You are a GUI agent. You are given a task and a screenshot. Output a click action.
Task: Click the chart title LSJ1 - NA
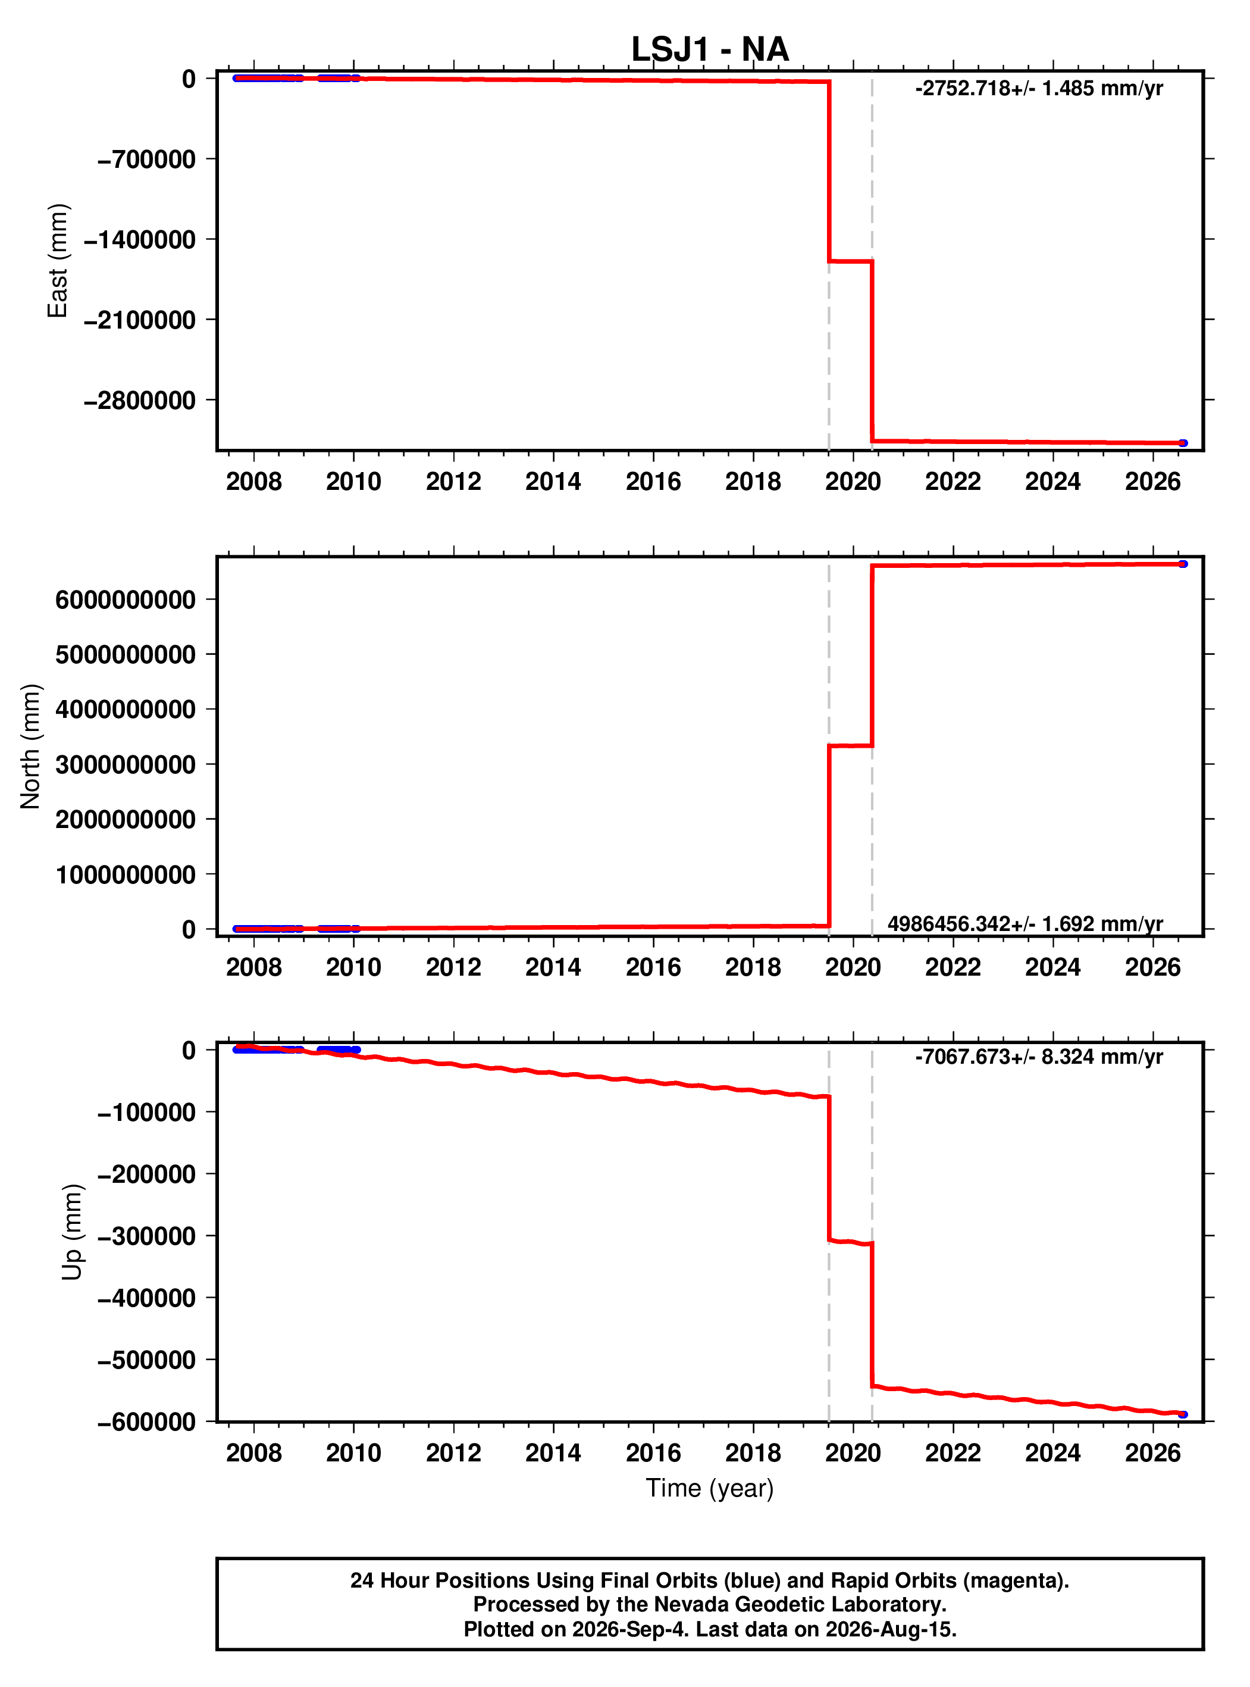[710, 49]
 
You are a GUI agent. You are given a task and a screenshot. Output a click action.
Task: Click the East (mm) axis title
[58, 261]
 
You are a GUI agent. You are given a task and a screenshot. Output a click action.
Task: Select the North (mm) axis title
[31, 746]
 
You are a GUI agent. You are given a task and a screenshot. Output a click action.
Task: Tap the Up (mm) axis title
[73, 1232]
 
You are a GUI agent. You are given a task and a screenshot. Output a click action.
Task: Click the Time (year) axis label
[710, 1488]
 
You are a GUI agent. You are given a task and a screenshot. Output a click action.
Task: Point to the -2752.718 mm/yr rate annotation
[1039, 89]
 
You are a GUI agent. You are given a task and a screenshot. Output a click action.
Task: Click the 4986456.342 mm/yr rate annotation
[1025, 923]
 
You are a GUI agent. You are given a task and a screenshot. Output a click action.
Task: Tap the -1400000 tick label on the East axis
[140, 240]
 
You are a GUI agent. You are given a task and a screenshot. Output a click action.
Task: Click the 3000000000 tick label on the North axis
[126, 764]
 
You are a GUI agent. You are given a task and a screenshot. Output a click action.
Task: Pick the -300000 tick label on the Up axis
[147, 1236]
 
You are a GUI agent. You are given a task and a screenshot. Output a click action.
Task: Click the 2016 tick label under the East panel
[653, 482]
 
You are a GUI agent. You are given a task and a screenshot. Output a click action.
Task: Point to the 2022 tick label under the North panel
[953, 967]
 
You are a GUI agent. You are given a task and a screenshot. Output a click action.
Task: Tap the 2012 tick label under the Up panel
[453, 1453]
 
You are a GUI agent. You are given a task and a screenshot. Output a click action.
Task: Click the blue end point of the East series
[1183, 443]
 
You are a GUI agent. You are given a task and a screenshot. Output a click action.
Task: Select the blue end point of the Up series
[1183, 1414]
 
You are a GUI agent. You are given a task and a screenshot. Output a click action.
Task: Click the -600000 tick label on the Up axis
[147, 1422]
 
